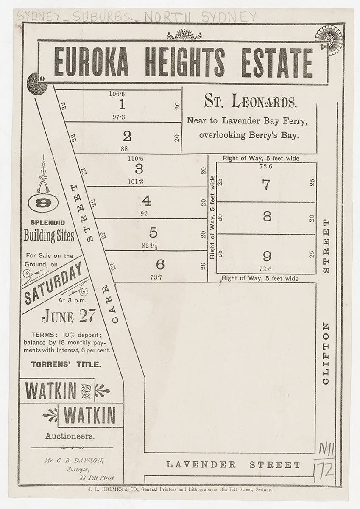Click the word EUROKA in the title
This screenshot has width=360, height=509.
click(x=91, y=62)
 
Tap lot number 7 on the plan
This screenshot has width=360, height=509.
click(x=266, y=185)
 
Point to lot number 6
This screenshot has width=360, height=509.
click(x=160, y=265)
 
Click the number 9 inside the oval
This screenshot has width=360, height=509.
click(x=43, y=203)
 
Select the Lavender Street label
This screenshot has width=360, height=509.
click(x=233, y=465)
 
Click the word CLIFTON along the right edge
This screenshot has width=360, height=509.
click(x=326, y=353)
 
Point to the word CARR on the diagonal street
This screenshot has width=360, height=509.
click(x=111, y=303)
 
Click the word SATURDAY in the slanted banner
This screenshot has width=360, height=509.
click(x=53, y=282)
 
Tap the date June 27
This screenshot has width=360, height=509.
click(x=68, y=316)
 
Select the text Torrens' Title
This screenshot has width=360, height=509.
click(x=66, y=364)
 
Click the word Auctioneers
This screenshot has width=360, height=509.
click(x=70, y=436)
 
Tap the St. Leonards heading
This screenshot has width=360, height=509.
click(x=249, y=102)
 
